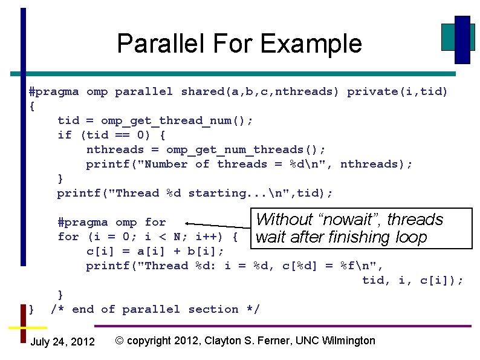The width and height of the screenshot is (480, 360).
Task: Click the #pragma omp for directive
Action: coord(111,223)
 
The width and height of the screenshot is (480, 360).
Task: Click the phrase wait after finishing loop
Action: coord(341,237)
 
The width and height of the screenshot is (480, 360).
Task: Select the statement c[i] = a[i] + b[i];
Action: coord(155,251)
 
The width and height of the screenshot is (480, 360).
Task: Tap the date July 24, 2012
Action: coord(62,342)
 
